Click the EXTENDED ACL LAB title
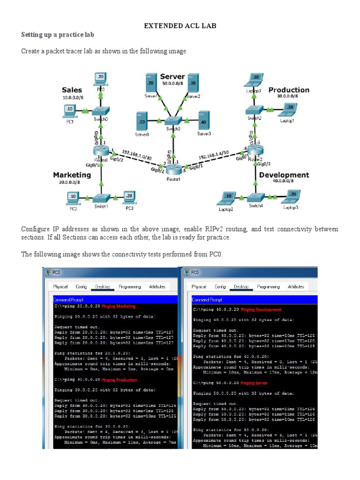click(x=180, y=26)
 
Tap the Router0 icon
click(x=101, y=151)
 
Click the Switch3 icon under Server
click(x=173, y=120)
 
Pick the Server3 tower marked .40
click(x=203, y=120)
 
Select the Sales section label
click(x=72, y=90)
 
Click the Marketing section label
click(x=72, y=175)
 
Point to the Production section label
click(x=289, y=90)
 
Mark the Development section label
click(x=284, y=175)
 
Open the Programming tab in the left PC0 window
click(x=130, y=286)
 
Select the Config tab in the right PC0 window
click(x=220, y=286)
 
